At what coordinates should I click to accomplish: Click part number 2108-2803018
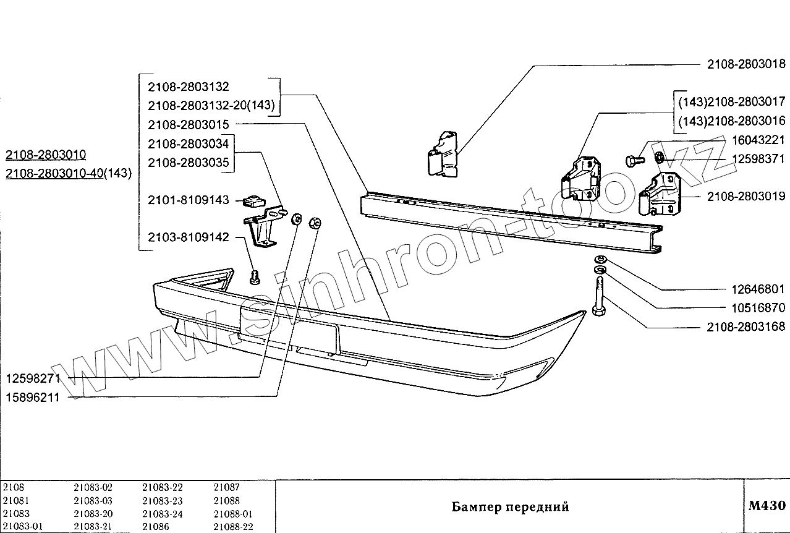(745, 64)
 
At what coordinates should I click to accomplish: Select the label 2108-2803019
(745, 197)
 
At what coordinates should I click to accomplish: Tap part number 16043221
(758, 140)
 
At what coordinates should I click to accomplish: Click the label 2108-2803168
(745, 326)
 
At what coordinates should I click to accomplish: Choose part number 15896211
(33, 398)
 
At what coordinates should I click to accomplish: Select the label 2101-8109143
(188, 200)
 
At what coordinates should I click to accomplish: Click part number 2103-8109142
(188, 237)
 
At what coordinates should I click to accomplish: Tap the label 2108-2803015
(188, 125)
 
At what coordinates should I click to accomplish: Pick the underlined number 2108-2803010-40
(53, 173)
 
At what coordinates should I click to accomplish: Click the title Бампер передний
(510, 507)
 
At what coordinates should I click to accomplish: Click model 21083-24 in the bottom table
(163, 514)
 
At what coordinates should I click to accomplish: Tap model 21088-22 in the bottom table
(233, 527)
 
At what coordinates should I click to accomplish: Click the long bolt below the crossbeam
(598, 297)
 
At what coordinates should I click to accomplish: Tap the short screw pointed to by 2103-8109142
(254, 278)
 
